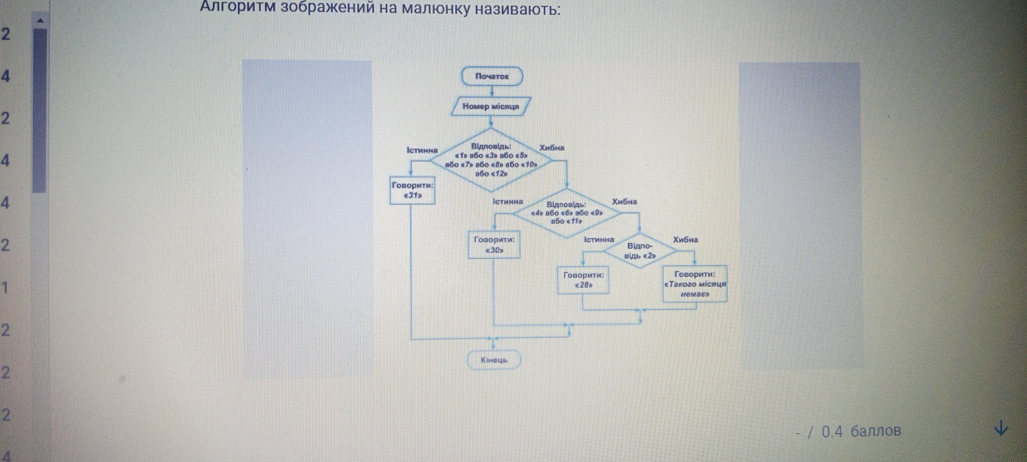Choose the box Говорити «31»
pyautogui.click(x=412, y=190)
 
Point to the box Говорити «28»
pyautogui.click(x=583, y=280)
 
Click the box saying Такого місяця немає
pyautogui.click(x=695, y=284)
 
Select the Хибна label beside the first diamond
pyautogui.click(x=552, y=148)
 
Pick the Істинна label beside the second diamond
pyautogui.click(x=508, y=202)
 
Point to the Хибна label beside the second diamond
pyautogui.click(x=624, y=202)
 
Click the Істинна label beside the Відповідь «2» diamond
pyautogui.click(x=599, y=239)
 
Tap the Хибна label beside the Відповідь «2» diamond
pyautogui.click(x=685, y=239)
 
